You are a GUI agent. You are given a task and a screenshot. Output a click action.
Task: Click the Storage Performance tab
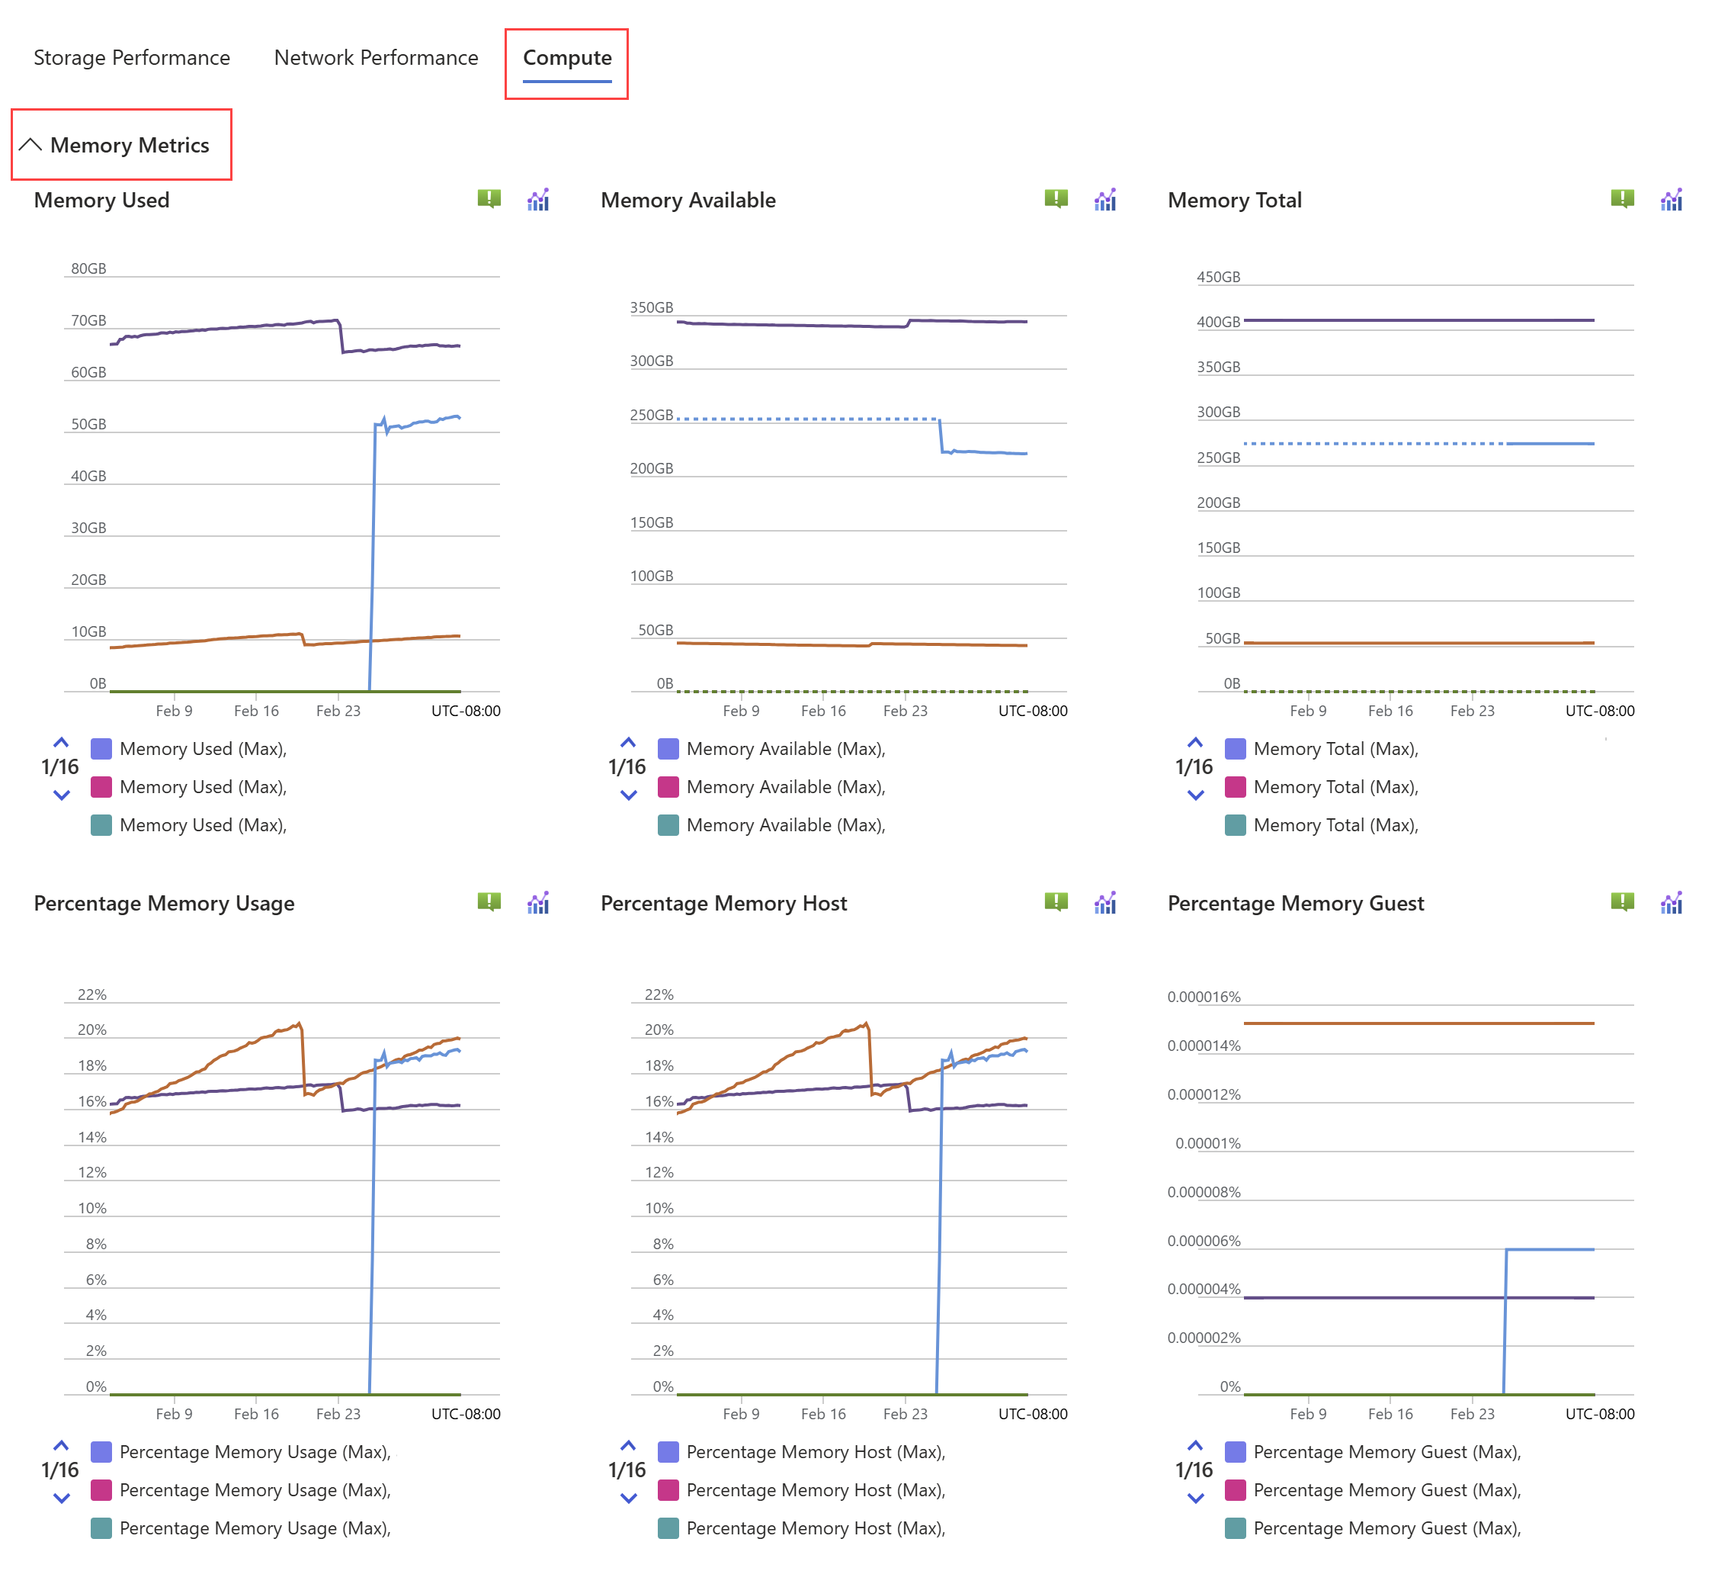131,57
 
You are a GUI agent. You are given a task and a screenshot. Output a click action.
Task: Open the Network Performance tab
375,57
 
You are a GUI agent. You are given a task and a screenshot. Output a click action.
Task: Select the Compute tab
566,57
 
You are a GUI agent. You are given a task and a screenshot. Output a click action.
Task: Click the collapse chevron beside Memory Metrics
30,144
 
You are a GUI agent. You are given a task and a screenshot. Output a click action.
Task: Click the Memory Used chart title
101,200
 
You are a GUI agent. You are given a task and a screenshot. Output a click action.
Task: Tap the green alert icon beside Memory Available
1055,199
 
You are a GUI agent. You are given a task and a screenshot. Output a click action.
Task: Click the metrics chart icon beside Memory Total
1670,199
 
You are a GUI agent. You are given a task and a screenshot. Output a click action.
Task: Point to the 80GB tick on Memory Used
88,269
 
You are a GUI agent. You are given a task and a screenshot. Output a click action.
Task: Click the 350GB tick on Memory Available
651,307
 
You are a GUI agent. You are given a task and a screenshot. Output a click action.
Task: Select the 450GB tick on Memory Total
1217,278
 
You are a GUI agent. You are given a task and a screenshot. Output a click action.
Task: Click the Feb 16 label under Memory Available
822,710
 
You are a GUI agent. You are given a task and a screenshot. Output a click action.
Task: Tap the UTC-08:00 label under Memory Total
1599,710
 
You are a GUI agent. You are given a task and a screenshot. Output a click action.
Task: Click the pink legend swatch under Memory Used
101,787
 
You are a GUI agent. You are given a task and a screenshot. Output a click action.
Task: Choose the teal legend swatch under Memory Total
1235,824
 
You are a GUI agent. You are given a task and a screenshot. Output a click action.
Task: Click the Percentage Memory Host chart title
723,903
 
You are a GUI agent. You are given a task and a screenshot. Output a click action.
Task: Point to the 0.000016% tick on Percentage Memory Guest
1203,997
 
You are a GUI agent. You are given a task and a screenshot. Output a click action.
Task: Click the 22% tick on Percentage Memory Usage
92,994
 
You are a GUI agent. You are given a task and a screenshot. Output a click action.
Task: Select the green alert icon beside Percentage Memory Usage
489,901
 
